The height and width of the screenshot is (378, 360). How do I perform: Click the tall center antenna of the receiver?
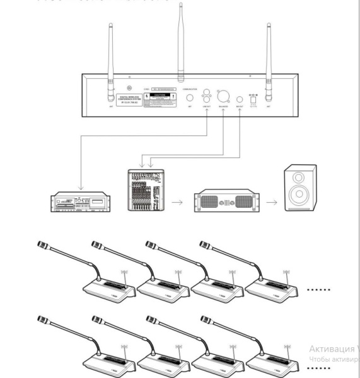pyautogui.click(x=180, y=38)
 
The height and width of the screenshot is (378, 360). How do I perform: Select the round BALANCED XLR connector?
pyautogui.click(x=223, y=100)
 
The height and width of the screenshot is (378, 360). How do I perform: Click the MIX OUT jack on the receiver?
pyautogui.click(x=240, y=100)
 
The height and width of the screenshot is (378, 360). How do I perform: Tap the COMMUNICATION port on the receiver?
pyautogui.click(x=190, y=99)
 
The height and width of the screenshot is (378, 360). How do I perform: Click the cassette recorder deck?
pyautogui.click(x=81, y=202)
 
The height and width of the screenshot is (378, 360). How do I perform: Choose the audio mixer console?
pyautogui.click(x=145, y=192)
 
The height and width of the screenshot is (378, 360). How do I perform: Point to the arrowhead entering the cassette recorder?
pyautogui.click(x=80, y=188)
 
